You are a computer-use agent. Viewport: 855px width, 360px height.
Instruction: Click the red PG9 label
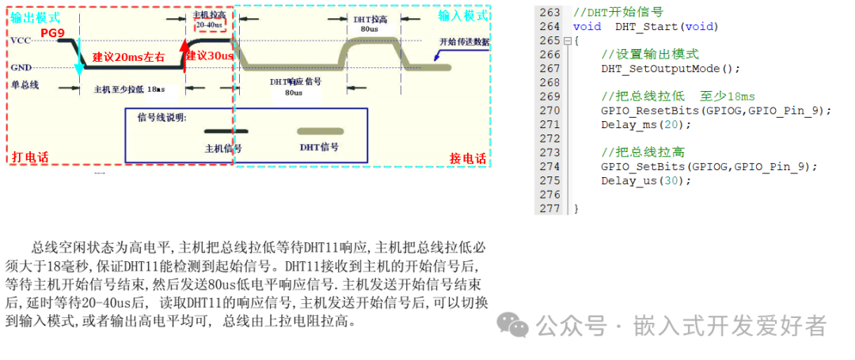point(52,32)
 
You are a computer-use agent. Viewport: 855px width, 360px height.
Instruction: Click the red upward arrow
point(184,55)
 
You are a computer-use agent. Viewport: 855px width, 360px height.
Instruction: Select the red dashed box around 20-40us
point(209,25)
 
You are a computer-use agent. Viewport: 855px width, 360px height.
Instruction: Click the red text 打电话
point(31,157)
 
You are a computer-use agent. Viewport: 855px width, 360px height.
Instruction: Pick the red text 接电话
point(468,157)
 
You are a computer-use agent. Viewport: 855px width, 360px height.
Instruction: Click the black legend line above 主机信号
point(226,131)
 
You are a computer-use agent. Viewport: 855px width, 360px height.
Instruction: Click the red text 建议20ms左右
point(128,57)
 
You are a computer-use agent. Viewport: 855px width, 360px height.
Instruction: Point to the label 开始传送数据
point(464,42)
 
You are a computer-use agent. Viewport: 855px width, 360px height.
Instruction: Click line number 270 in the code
point(549,111)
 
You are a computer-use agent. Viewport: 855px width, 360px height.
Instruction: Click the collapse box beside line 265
point(567,40)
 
